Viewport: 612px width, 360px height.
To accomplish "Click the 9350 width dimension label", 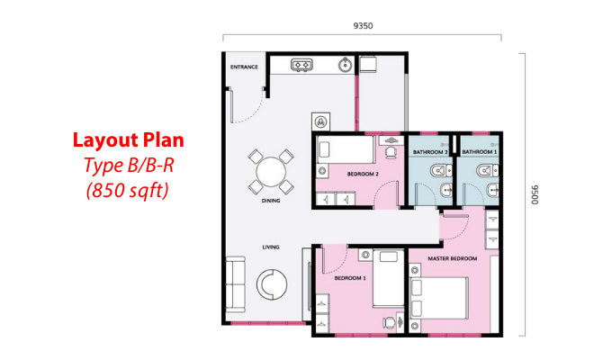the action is click(363, 26).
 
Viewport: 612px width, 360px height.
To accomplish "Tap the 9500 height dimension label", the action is click(535, 194).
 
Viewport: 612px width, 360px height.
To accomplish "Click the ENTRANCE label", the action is click(244, 67).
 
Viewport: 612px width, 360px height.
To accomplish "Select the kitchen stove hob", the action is click(301, 65).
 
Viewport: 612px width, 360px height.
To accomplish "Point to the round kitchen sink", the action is click(345, 65).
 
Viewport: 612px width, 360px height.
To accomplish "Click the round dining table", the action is click(271, 172).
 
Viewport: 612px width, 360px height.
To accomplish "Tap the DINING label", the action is click(271, 201).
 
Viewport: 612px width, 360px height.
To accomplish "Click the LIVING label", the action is click(271, 247).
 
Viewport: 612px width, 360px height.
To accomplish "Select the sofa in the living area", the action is click(236, 283).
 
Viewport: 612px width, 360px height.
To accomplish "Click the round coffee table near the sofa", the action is click(272, 284).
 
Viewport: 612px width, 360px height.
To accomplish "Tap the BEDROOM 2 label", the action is click(363, 174).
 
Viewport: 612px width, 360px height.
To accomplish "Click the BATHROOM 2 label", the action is click(430, 152).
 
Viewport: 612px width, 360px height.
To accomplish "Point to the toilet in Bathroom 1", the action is click(487, 171).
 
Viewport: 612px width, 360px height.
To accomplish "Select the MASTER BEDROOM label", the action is click(453, 258).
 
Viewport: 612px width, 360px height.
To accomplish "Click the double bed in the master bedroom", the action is click(439, 298).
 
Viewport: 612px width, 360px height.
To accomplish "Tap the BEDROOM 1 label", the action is click(350, 278).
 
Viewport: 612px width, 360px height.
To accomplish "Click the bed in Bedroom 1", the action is click(389, 278).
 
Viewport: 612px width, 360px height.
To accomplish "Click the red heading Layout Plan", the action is click(129, 140).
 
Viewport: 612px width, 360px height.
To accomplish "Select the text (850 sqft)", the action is click(128, 191).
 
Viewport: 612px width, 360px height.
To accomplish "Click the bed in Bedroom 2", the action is click(346, 149).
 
